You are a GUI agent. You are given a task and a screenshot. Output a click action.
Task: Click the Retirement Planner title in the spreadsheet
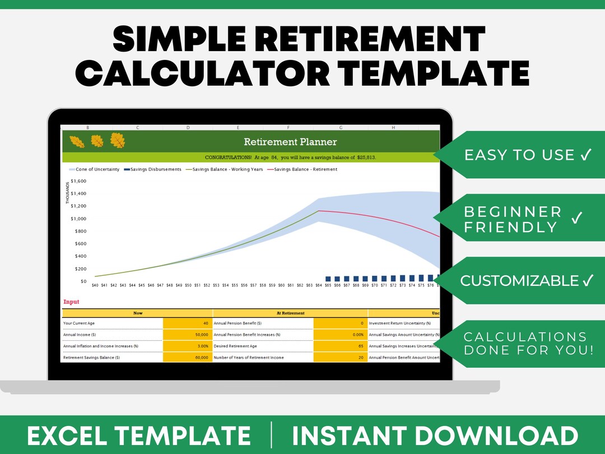point(290,142)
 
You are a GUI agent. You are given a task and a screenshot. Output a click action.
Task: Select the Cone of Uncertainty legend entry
point(94,169)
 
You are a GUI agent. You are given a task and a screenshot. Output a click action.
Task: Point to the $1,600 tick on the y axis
point(78,182)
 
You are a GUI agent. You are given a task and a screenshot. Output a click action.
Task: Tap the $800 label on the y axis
point(80,231)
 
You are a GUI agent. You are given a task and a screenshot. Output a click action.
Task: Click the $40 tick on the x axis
point(95,285)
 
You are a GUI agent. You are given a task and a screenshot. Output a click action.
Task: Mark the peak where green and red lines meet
point(319,211)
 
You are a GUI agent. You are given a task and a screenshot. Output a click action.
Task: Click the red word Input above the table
point(71,302)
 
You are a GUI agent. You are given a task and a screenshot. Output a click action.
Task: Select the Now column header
point(137,313)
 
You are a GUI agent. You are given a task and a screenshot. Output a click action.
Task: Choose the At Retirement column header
point(290,313)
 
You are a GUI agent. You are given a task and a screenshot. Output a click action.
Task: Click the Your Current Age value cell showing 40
point(187,323)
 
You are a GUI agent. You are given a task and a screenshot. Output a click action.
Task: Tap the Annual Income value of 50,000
point(187,335)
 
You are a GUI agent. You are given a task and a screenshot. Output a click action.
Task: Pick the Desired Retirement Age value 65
point(340,346)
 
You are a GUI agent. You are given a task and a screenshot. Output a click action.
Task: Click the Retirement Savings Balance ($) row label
point(92,357)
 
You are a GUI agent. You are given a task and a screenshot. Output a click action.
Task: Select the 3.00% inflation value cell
point(187,346)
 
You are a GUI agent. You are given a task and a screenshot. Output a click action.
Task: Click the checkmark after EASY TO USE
point(586,155)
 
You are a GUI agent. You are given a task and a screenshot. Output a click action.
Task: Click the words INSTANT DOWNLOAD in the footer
point(435,436)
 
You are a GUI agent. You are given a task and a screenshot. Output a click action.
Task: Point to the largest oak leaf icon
point(118,141)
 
